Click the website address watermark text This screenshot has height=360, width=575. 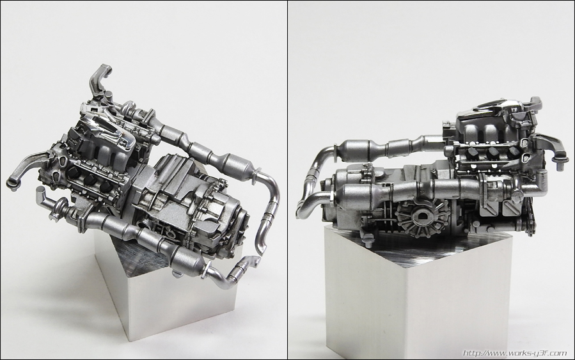pyautogui.click(x=515, y=353)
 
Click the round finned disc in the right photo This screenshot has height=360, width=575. pyautogui.click(x=421, y=216)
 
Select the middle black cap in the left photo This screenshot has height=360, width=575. pyautogui.click(x=90, y=179)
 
